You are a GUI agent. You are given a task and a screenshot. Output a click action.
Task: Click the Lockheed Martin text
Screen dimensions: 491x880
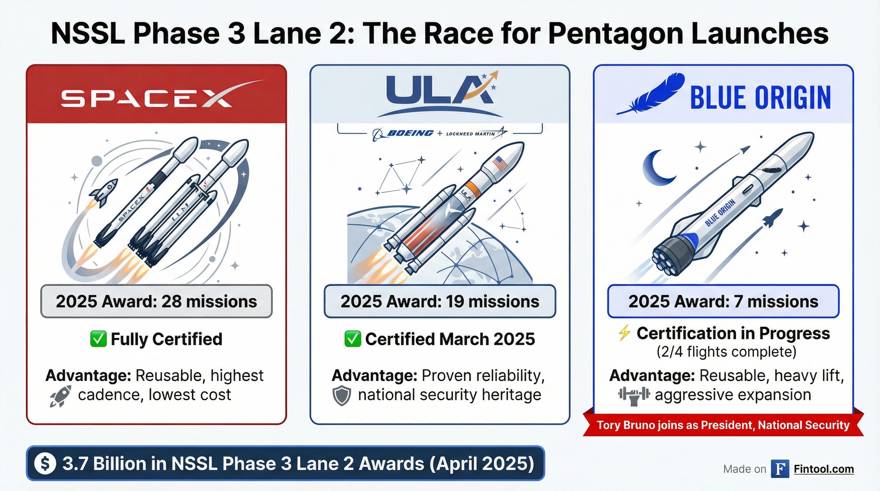(470, 134)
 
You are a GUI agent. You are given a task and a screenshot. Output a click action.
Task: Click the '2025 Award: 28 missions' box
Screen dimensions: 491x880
(156, 301)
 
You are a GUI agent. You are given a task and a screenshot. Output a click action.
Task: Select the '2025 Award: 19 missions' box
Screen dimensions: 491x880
(440, 301)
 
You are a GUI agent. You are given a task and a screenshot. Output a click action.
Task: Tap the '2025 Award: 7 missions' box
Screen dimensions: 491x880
(723, 301)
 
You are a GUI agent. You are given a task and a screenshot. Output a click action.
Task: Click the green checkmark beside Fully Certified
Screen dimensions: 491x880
(98, 339)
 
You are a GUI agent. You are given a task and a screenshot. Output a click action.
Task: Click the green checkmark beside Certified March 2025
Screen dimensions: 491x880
(353, 339)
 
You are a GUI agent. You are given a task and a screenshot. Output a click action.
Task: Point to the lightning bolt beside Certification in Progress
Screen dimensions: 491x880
(624, 333)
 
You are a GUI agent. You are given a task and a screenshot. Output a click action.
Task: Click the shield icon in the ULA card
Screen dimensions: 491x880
(342, 395)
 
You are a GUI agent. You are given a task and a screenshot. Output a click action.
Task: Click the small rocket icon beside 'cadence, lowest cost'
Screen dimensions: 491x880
(61, 396)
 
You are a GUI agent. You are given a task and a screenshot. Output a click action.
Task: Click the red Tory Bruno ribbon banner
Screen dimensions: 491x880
(723, 425)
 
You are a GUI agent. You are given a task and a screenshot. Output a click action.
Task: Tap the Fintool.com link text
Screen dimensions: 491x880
(823, 469)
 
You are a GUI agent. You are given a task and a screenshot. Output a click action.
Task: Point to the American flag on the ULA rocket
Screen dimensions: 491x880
(501, 164)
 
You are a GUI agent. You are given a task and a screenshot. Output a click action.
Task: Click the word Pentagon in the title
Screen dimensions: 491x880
(615, 34)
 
